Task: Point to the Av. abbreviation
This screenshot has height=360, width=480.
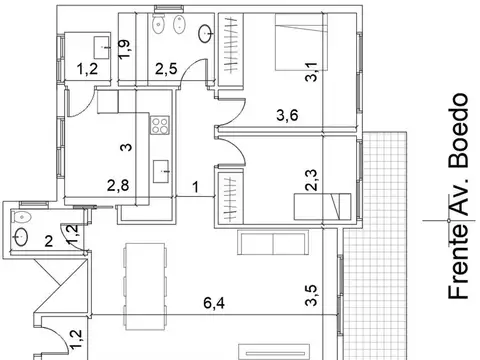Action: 459,202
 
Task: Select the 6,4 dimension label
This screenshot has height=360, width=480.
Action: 212,303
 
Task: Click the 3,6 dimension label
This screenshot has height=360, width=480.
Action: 288,115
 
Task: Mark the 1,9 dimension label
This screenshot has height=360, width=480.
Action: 124,48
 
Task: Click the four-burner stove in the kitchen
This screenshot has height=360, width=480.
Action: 159,126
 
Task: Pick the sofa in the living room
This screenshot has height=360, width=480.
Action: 271,243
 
